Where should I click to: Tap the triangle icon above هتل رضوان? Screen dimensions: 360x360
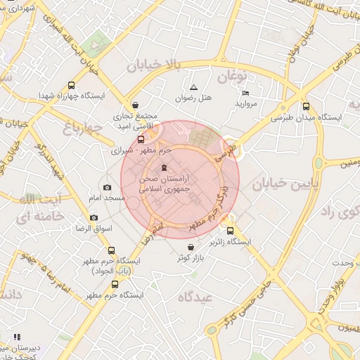pyautogui.click(x=193, y=86)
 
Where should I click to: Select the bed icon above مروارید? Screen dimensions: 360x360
pyautogui.click(x=245, y=93)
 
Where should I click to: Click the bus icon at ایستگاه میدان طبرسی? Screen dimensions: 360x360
pyautogui.click(x=305, y=107)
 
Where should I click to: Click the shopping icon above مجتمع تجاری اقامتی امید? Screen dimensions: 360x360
pyautogui.click(x=135, y=105)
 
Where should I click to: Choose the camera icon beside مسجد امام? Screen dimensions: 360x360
pyautogui.click(x=107, y=187)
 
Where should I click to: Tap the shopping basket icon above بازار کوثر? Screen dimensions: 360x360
pyautogui.click(x=191, y=247)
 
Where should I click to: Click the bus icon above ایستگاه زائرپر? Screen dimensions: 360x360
pyautogui.click(x=230, y=231)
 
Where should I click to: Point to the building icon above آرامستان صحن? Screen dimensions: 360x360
pyautogui.click(x=164, y=167)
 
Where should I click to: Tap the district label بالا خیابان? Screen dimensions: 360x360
pyautogui.click(x=154, y=65)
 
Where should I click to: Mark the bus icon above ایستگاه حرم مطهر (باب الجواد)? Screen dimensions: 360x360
pyautogui.click(x=110, y=250)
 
